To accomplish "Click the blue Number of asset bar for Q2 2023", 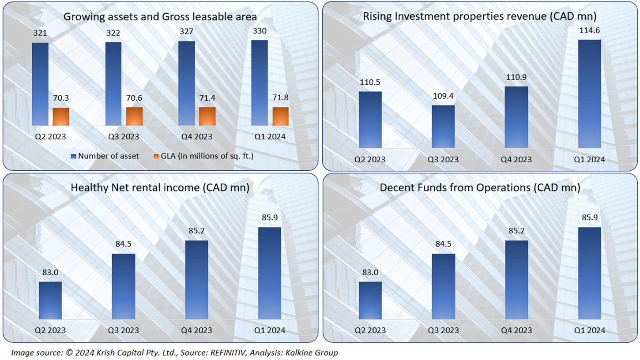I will pos(40,84).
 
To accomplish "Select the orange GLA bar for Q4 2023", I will pos(207,116).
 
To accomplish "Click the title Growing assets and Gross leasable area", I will pos(160,17).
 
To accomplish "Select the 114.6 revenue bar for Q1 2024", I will pos(589,94).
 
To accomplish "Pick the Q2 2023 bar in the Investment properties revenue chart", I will pos(370,119).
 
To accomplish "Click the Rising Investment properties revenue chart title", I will pos(480,17).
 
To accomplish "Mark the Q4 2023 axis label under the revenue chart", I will pos(516,159).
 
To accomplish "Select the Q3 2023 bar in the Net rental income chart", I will pos(123,286).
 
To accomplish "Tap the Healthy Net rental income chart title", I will pos(160,187).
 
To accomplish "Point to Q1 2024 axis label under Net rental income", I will pos(270,330).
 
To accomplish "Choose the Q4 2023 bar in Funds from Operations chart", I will pos(516,280).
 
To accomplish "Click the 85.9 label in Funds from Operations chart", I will pos(589,219).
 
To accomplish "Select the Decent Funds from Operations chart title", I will pos(480,187).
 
